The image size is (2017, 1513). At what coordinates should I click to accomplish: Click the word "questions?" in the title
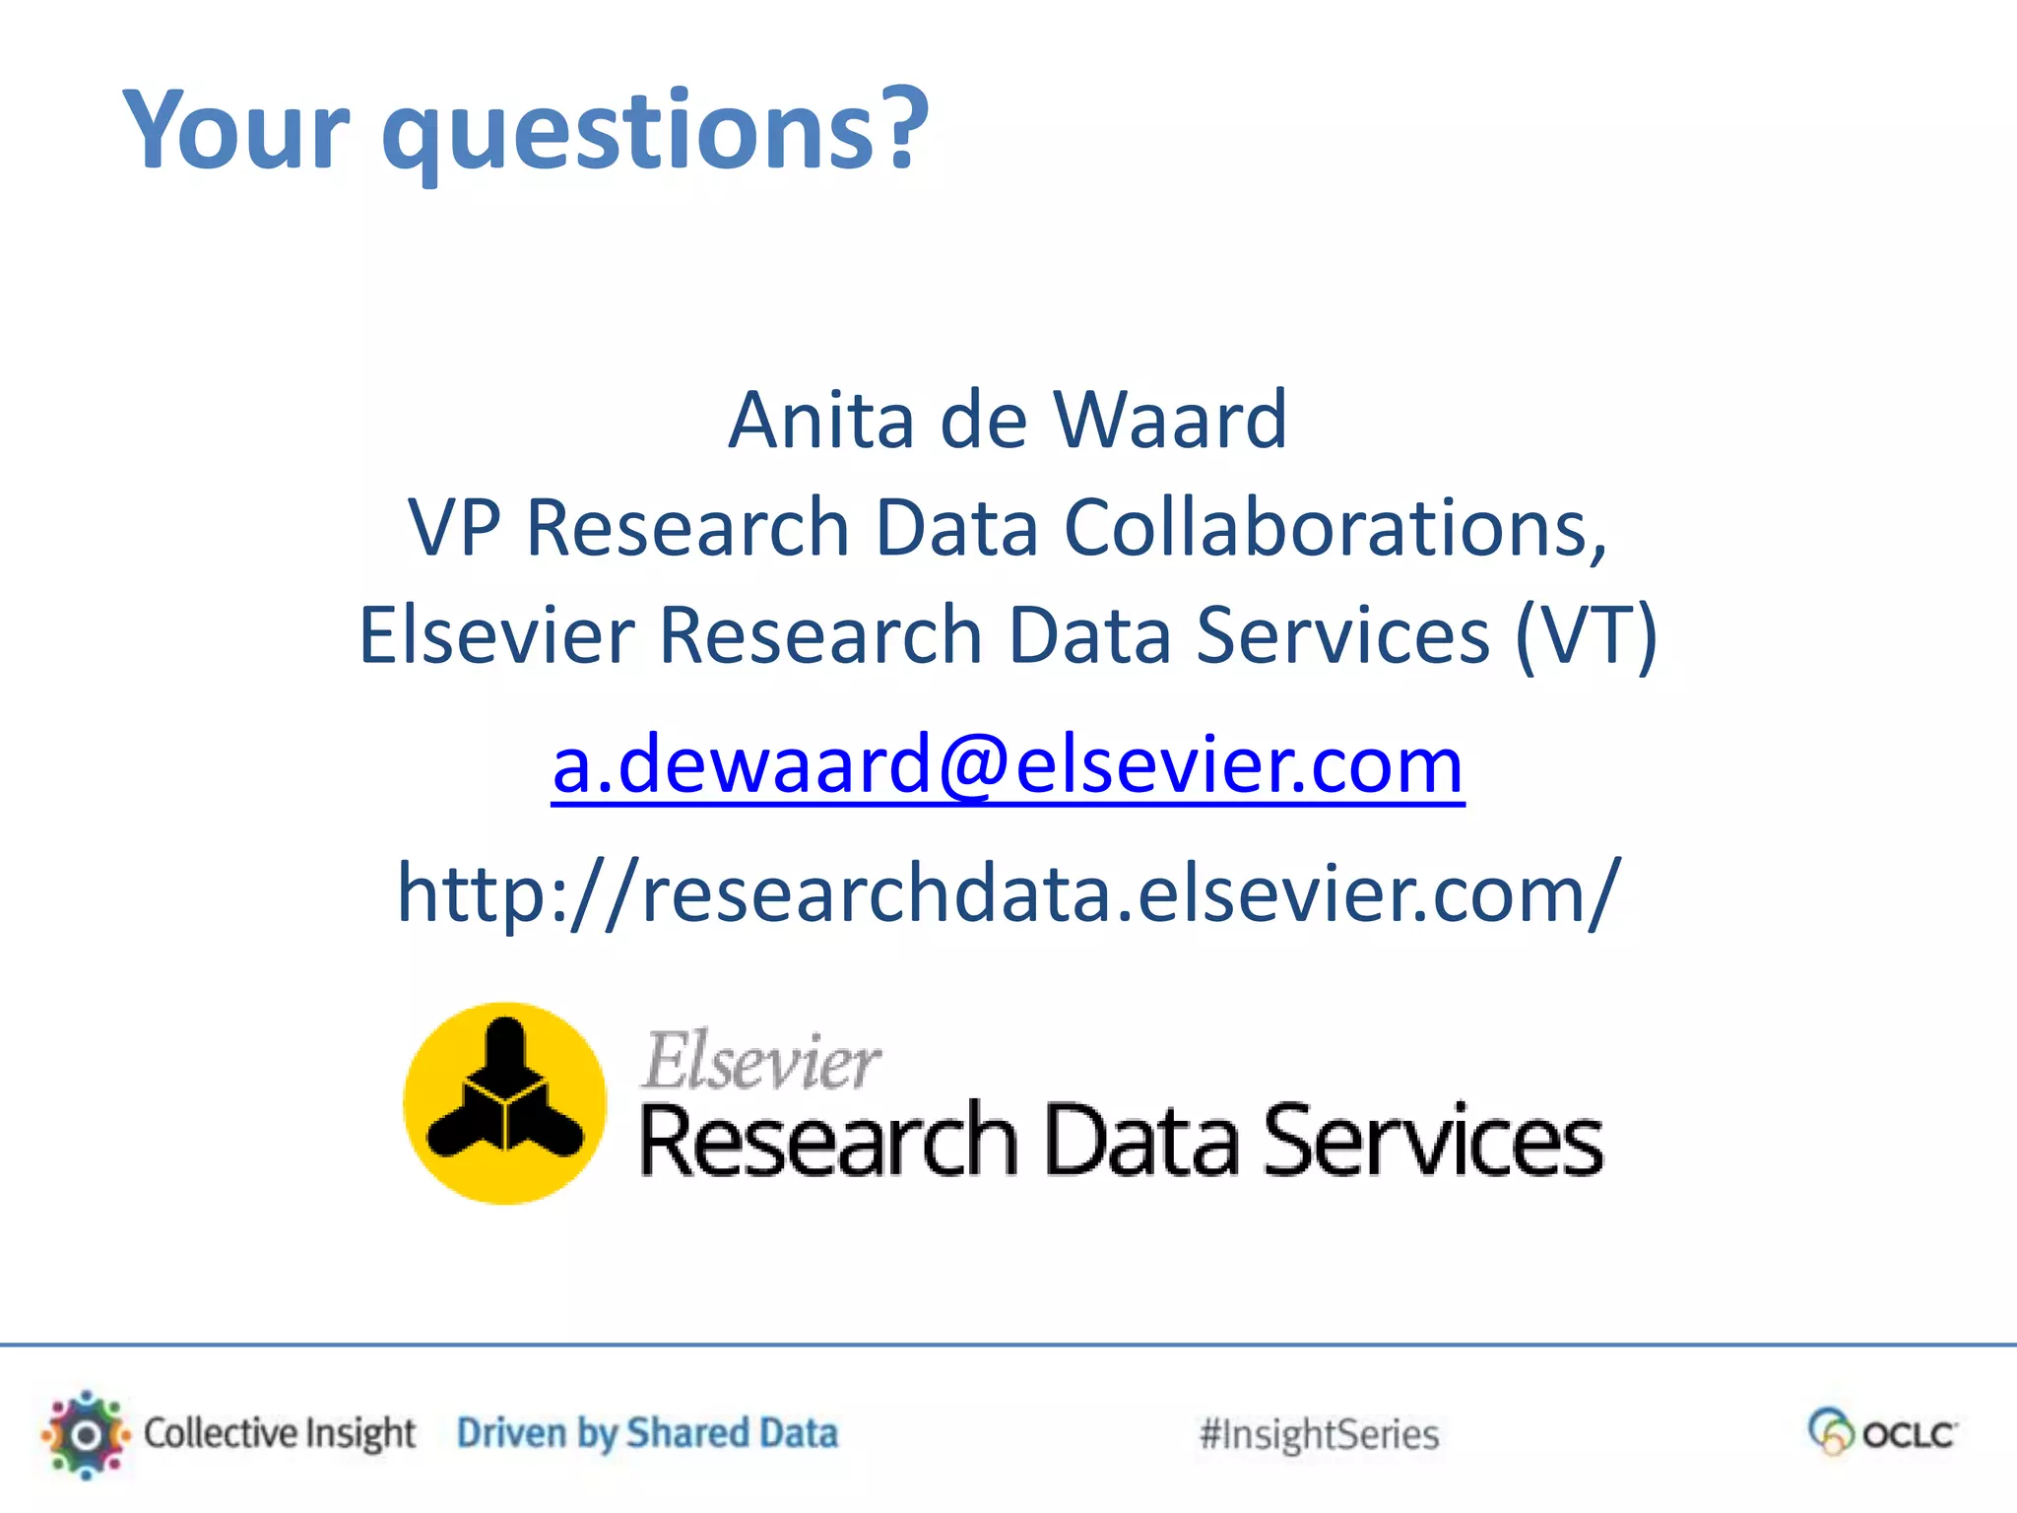click(x=655, y=131)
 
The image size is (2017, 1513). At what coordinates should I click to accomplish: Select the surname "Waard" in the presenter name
click(x=1169, y=421)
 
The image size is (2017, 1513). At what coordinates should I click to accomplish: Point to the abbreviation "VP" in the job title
click(x=454, y=528)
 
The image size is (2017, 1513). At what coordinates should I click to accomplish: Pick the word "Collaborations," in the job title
click(x=1334, y=528)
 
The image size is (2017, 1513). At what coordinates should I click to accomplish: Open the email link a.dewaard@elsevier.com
click(x=1008, y=765)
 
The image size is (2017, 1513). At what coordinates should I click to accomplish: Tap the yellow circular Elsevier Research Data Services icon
click(x=505, y=1103)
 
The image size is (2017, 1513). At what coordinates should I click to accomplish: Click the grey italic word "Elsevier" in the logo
click(x=761, y=1061)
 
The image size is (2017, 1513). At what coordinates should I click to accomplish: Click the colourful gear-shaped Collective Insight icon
click(x=86, y=1434)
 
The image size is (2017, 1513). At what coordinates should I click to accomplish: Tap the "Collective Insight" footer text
click(x=280, y=1434)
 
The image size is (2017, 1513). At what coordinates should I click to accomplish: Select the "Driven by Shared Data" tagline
click(x=647, y=1434)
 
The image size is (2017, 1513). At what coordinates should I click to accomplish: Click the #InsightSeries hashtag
click(x=1319, y=1435)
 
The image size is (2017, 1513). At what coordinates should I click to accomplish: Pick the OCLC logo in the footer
click(x=1882, y=1433)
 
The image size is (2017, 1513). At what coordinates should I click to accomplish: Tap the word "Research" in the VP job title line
click(x=687, y=528)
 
